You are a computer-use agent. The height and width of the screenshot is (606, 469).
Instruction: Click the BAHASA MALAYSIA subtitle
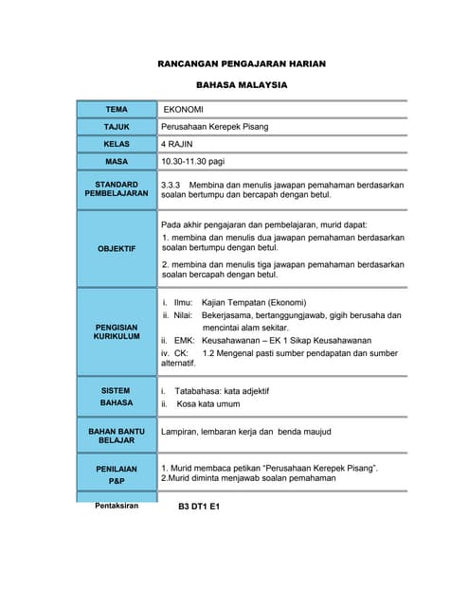pos(241,85)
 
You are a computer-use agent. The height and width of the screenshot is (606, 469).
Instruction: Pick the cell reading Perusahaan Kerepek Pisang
pos(221,127)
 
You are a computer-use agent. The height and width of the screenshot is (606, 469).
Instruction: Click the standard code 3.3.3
pos(171,184)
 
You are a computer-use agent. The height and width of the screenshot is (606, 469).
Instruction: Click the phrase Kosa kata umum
pos(207,403)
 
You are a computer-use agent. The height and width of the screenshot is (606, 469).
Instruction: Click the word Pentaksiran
pos(117,506)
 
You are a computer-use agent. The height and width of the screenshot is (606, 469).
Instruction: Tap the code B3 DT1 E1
pos(199,508)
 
